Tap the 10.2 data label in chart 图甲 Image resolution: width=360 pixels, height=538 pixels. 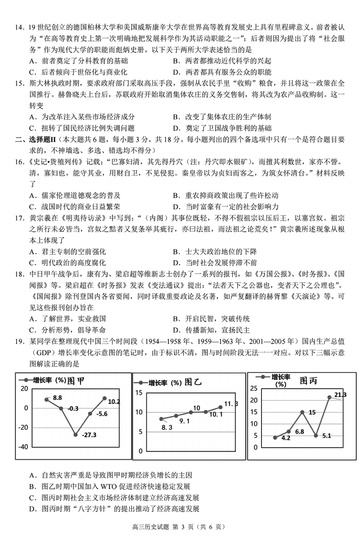114,402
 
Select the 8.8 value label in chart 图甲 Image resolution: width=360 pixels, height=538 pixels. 57,398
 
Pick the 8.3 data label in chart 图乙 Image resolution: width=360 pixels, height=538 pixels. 166,427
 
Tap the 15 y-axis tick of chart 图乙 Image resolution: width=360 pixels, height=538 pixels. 139,393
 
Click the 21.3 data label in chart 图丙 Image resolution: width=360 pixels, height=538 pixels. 340,395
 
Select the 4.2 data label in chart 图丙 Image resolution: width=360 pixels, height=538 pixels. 285,438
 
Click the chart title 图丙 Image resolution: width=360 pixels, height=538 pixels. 308,381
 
